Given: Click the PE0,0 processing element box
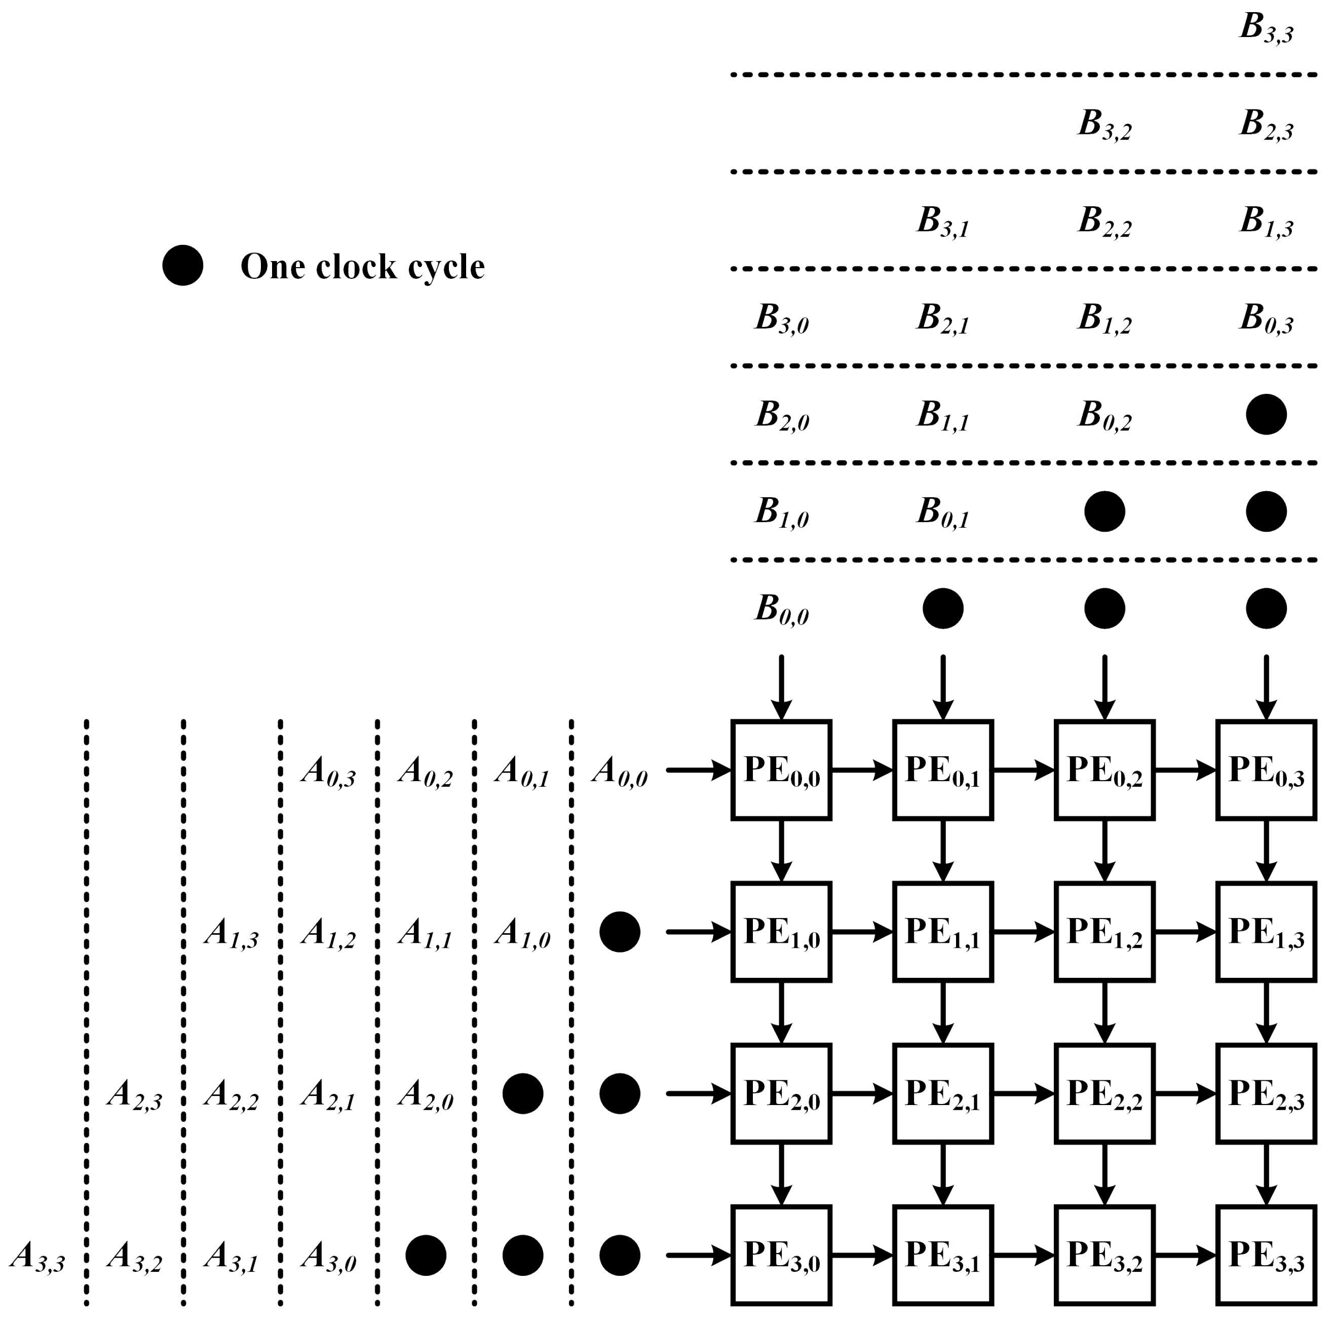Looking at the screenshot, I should click(x=781, y=769).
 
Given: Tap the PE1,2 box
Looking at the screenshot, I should click(x=1104, y=931).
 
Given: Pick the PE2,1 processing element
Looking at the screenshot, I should click(x=942, y=1093).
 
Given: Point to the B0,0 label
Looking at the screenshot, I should click(x=781, y=609).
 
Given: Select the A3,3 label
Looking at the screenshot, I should click(x=37, y=1256).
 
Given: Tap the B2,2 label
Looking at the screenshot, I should click(x=1104, y=222).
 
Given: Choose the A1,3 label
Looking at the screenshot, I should click(x=231, y=933).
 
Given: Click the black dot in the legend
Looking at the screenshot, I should click(x=182, y=265).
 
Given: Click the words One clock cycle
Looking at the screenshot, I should click(x=362, y=266).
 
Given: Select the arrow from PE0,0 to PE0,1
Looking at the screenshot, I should click(x=862, y=769).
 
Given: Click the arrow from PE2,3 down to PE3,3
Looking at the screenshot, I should click(x=1266, y=1174).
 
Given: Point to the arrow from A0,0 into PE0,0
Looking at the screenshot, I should click(x=699, y=769).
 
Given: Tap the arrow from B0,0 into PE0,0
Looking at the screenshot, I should click(x=781, y=687).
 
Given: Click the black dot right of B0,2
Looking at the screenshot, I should click(x=1266, y=414).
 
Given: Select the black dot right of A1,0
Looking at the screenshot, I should click(x=619, y=931).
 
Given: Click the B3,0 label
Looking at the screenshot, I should click(x=781, y=319).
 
